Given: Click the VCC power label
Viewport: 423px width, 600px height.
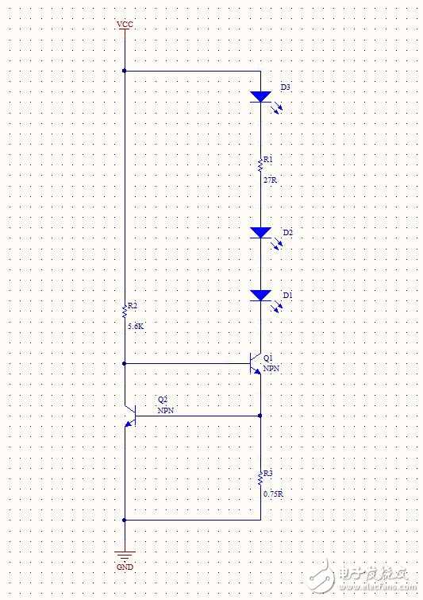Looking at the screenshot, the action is [x=125, y=25].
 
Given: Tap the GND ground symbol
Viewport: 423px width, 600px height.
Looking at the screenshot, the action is [x=125, y=555].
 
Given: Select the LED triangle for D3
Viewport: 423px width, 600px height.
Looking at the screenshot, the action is [x=260, y=96].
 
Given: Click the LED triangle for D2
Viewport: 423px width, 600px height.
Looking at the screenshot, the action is [x=260, y=233].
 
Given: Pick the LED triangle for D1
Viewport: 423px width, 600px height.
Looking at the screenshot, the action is [x=260, y=296].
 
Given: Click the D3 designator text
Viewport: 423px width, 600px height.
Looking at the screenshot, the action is [x=286, y=87].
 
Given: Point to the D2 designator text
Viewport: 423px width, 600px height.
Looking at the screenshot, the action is [x=288, y=233].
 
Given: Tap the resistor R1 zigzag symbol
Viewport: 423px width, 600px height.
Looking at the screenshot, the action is [x=260, y=165].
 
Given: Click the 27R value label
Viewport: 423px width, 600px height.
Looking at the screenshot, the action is [x=270, y=180].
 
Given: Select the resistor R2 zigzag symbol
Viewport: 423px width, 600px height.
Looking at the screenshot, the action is [x=124, y=311].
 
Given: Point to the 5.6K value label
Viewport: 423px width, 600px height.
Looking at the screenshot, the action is [x=136, y=327].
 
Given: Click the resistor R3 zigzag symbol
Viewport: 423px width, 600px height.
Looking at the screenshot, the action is [x=260, y=478].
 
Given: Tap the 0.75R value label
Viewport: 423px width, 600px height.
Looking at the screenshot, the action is [x=273, y=494].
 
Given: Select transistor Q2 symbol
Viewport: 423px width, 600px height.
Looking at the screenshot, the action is [x=130, y=416].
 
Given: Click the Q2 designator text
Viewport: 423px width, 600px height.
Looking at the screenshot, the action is [x=163, y=400].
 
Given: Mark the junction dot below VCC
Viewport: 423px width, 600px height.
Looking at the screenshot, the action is [x=124, y=71].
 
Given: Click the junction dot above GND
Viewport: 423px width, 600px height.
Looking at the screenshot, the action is [x=124, y=520].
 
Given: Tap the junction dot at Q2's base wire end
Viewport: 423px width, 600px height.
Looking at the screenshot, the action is [x=260, y=416].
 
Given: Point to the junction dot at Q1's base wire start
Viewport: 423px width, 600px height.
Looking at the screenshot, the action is [x=124, y=363].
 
